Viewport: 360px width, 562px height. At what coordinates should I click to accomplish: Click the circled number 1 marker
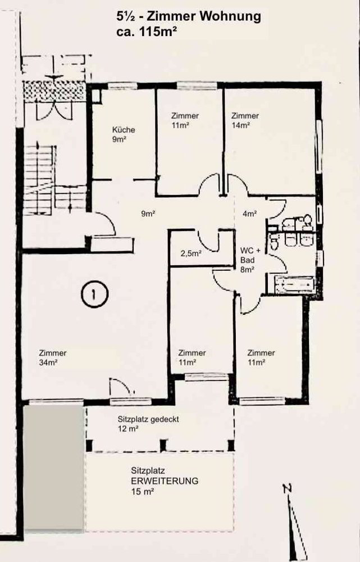pyautogui.click(x=94, y=294)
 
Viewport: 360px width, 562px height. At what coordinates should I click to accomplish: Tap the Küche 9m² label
pyautogui.click(x=123, y=134)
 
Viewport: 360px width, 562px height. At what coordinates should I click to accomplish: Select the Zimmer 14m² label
pyautogui.click(x=245, y=120)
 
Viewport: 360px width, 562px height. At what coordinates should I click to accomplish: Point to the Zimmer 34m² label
pyautogui.click(x=53, y=357)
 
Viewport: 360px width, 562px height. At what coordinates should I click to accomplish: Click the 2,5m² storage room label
pyautogui.click(x=191, y=254)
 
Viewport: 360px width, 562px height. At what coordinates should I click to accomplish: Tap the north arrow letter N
pyautogui.click(x=287, y=488)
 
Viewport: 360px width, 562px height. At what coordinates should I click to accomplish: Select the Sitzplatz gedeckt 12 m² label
pyautogui.click(x=148, y=424)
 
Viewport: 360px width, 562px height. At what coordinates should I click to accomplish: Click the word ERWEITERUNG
pyautogui.click(x=165, y=481)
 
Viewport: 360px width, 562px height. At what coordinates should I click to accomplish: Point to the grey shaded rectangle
pyautogui.click(x=54, y=467)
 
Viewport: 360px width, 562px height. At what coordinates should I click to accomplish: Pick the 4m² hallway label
pyautogui.click(x=250, y=214)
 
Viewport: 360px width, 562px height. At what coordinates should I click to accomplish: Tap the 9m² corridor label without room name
pyautogui.click(x=148, y=214)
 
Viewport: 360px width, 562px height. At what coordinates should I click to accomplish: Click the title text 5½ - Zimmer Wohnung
pyautogui.click(x=188, y=17)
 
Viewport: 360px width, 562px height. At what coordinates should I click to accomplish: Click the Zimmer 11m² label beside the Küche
pyautogui.click(x=185, y=120)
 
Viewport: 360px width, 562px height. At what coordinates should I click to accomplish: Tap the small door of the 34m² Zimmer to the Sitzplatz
pyautogui.click(x=122, y=387)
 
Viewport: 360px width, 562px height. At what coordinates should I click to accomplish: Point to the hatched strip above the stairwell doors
pyautogui.click(x=54, y=92)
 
